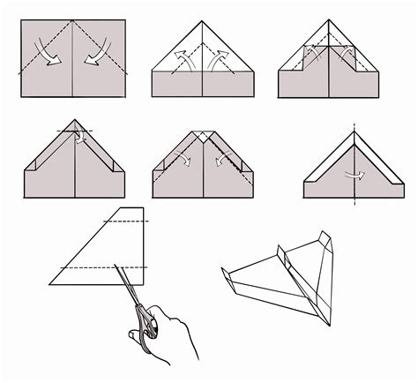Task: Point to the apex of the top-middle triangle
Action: (x=202, y=20)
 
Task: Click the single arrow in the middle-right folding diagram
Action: (x=355, y=174)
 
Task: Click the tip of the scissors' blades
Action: (x=116, y=264)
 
